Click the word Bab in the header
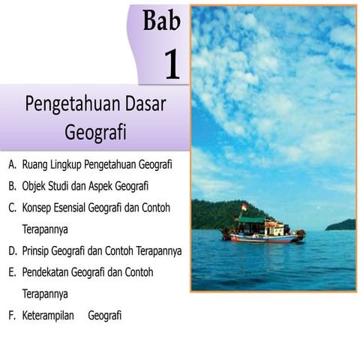(x=161, y=20)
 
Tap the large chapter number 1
(x=172, y=65)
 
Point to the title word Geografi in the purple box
(x=95, y=132)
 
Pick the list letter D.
(x=12, y=250)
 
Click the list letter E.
(x=12, y=272)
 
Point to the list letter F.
(x=12, y=316)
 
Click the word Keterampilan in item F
(x=49, y=316)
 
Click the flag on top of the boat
(x=244, y=207)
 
